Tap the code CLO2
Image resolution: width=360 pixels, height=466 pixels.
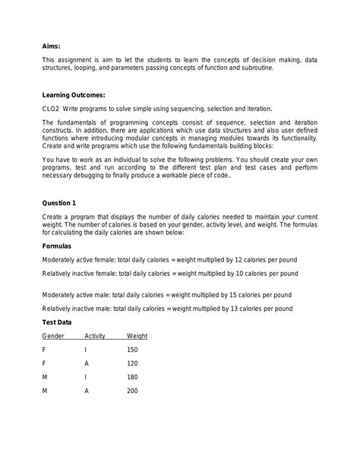[52, 109]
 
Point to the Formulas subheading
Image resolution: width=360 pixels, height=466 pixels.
[59, 246]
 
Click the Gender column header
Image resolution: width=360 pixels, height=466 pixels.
[53, 335]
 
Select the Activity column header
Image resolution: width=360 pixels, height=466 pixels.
[95, 335]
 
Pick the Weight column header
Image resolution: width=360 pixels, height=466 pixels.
[137, 335]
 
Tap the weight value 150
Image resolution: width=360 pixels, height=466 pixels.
[133, 350]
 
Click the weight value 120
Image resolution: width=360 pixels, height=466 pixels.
[133, 363]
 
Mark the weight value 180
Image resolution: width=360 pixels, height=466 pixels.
[133, 377]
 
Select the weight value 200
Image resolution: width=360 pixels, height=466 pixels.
[133, 391]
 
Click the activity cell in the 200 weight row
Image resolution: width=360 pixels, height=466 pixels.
[87, 391]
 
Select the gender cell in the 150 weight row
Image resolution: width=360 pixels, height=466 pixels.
[44, 350]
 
